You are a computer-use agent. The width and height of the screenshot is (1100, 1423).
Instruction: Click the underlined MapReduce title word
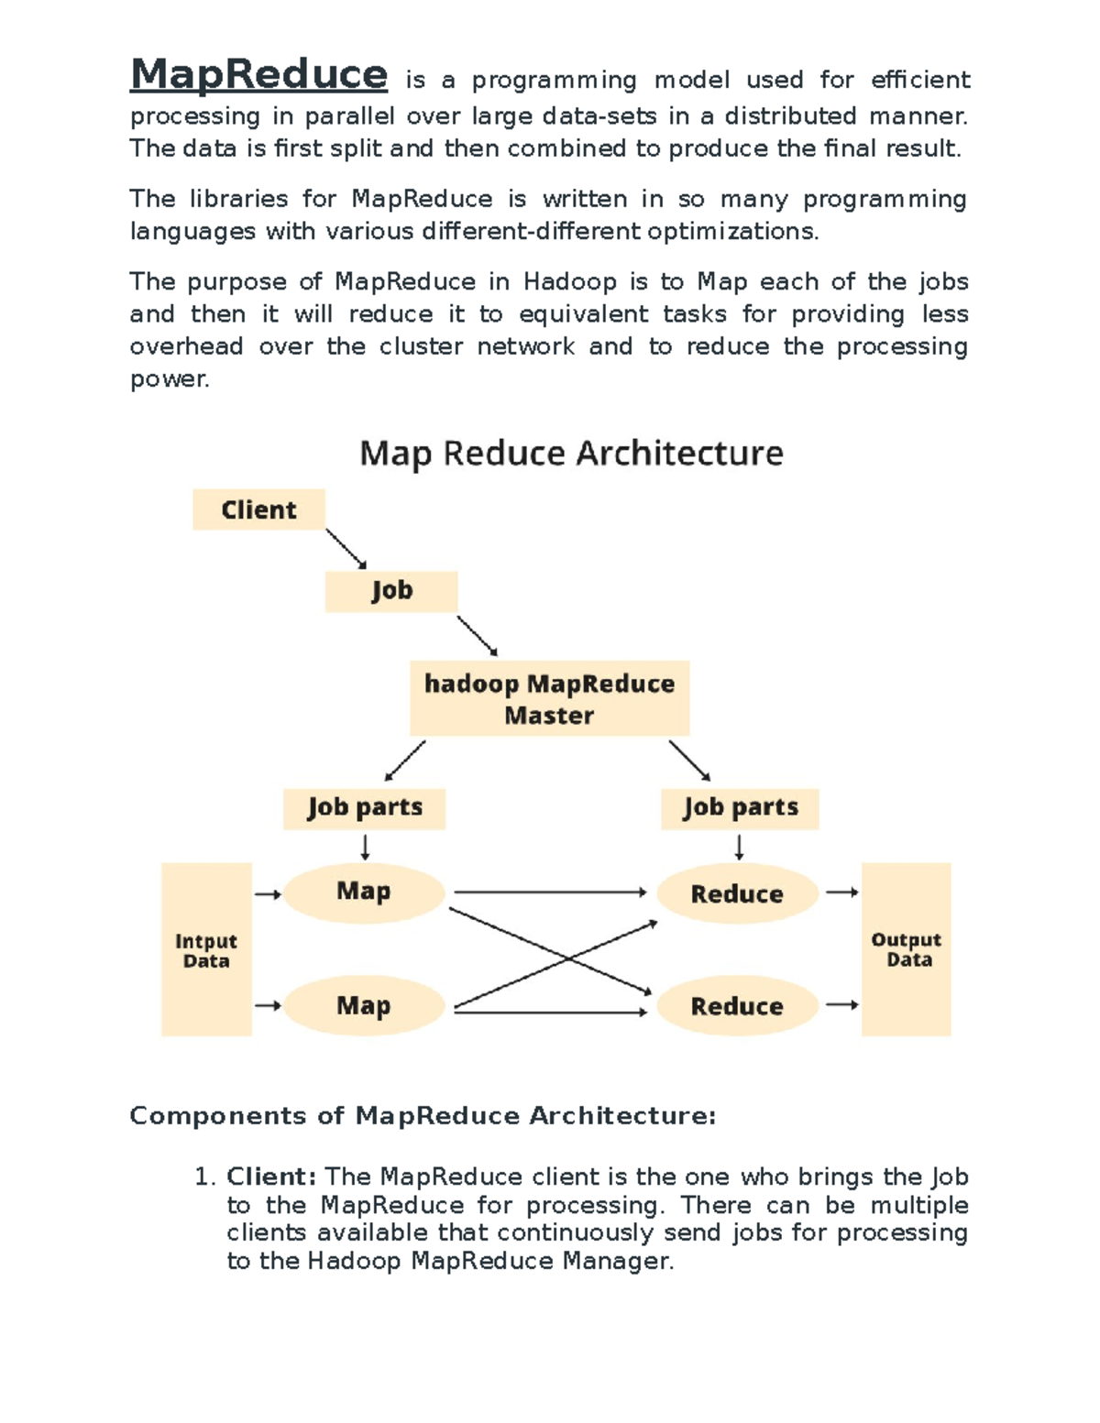pos(258,74)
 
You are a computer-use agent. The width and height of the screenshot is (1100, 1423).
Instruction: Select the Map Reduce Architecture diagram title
pos(571,454)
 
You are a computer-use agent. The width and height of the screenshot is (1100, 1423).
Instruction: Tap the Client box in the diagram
pos(258,509)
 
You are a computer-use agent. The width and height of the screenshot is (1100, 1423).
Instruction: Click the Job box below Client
pos(391,591)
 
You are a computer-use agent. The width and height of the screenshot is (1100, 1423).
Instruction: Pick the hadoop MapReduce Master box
pos(549,698)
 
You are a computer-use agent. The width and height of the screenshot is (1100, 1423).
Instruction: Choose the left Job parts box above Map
pos(364,808)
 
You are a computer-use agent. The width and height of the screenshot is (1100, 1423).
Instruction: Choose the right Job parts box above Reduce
pos(740,808)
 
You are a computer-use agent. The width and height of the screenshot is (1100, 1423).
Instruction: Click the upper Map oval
pos(364,892)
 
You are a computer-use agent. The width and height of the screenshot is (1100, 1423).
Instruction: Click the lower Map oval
pos(364,1005)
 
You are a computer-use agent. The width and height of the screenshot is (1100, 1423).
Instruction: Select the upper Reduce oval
pos(737,893)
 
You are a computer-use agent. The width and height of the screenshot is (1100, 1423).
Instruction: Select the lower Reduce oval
pos(737,1006)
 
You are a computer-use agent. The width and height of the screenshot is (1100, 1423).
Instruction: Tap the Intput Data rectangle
pos(206,950)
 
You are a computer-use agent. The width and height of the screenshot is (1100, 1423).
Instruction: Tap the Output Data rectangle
pos(907,949)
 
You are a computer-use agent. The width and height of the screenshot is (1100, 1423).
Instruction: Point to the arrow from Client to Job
pos(346,548)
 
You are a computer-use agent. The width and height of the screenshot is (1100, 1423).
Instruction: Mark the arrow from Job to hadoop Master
pos(477,635)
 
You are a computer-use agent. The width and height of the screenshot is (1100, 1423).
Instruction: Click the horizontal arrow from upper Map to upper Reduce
pos(550,892)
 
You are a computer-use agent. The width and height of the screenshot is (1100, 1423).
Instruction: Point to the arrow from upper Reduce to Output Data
pos(841,892)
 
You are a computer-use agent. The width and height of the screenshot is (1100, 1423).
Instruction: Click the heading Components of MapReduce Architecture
pos(423,1115)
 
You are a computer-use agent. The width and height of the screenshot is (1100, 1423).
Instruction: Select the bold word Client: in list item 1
pos(271,1177)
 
